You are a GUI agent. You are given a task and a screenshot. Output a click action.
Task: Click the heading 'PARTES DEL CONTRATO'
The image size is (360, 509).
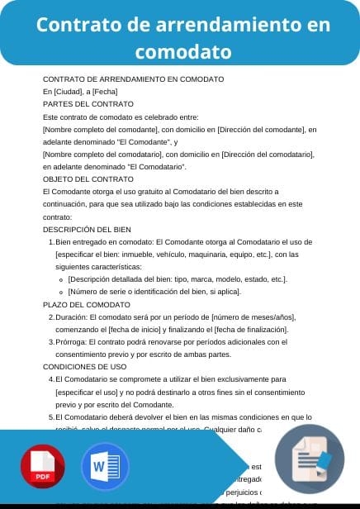(88, 104)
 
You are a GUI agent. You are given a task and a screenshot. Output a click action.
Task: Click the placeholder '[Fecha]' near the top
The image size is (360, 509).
(105, 92)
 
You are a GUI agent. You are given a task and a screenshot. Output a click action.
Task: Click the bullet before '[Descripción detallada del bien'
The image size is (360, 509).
(63, 279)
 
